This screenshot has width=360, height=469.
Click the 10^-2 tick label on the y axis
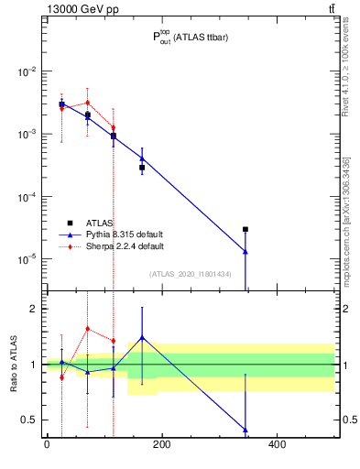27,71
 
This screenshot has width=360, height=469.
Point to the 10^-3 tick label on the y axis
27,134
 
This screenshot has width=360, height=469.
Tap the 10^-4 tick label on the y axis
27,197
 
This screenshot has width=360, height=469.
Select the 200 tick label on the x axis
161,445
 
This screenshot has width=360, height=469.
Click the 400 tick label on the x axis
277,445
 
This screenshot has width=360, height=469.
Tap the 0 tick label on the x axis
47,445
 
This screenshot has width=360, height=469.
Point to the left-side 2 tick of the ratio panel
33,309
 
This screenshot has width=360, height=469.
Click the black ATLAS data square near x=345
245,229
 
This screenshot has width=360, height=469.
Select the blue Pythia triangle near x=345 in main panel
245,251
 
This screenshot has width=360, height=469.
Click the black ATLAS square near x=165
142,168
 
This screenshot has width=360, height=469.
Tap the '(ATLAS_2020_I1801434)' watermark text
191,274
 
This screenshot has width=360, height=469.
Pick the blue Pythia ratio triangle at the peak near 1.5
142,337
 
